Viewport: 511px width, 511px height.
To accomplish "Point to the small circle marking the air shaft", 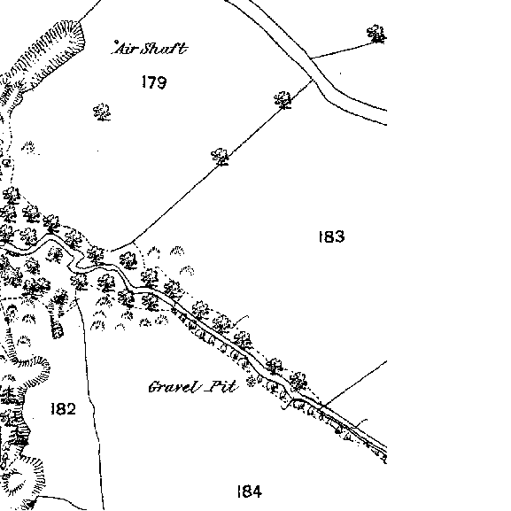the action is tap(116, 42).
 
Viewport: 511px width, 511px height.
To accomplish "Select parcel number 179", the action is tap(154, 82).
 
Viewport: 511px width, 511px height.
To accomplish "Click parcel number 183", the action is tap(331, 236).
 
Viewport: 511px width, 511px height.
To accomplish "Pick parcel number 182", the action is tap(64, 408).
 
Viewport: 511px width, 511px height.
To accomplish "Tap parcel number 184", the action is tap(250, 492).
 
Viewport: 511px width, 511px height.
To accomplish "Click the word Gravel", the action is tap(174, 387).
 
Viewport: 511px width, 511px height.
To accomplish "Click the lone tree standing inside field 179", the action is tap(102, 112).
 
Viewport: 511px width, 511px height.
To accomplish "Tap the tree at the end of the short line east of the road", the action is tap(376, 34).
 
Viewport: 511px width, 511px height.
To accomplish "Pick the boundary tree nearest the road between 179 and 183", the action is tap(283, 100).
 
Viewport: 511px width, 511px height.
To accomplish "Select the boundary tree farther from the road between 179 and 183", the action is tap(220, 157).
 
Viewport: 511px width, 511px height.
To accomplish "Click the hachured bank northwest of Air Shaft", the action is tap(46, 57).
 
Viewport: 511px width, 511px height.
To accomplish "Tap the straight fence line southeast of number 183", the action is tap(354, 383).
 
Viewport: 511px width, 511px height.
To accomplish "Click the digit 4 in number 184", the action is tap(257, 492).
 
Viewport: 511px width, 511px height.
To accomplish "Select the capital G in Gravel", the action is tap(154, 387).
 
